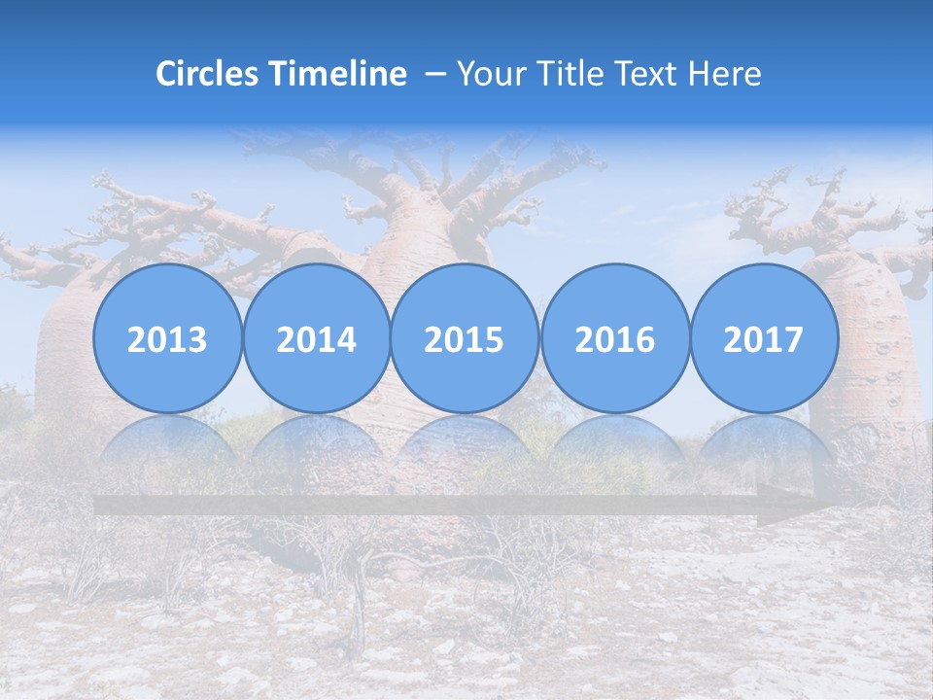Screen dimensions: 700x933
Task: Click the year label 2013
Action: pyautogui.click(x=167, y=339)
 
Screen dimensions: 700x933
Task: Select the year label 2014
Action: pyautogui.click(x=316, y=339)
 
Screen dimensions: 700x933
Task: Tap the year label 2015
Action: pyautogui.click(x=465, y=339)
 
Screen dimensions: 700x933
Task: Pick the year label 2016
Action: pyautogui.click(x=614, y=339)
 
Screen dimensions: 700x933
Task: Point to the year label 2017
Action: pyautogui.click(x=763, y=339)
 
